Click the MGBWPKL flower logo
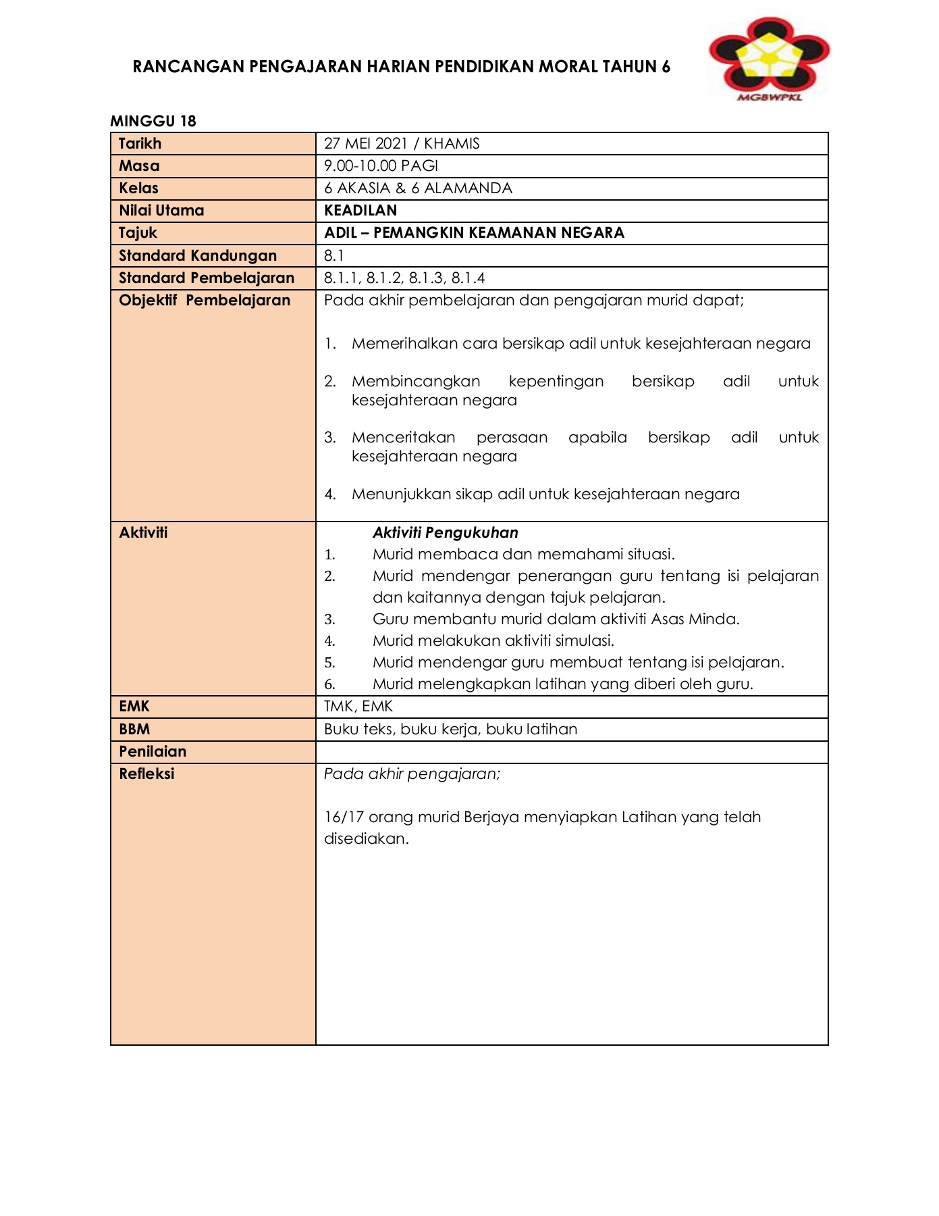(x=769, y=58)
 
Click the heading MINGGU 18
(x=153, y=121)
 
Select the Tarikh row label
(x=140, y=143)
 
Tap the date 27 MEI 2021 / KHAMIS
(x=402, y=143)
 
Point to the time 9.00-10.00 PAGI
(x=381, y=166)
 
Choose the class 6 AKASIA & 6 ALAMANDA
(x=418, y=188)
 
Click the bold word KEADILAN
(x=360, y=210)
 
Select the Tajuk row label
(x=138, y=232)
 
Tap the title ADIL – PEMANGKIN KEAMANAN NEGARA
(x=474, y=232)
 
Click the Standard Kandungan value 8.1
(x=333, y=255)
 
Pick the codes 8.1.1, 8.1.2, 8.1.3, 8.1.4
(x=404, y=278)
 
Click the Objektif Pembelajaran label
(x=205, y=300)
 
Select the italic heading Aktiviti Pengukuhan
(x=445, y=532)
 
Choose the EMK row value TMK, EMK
(x=358, y=707)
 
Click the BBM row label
(x=134, y=729)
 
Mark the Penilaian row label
(x=153, y=751)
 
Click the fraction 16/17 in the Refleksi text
(x=344, y=817)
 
